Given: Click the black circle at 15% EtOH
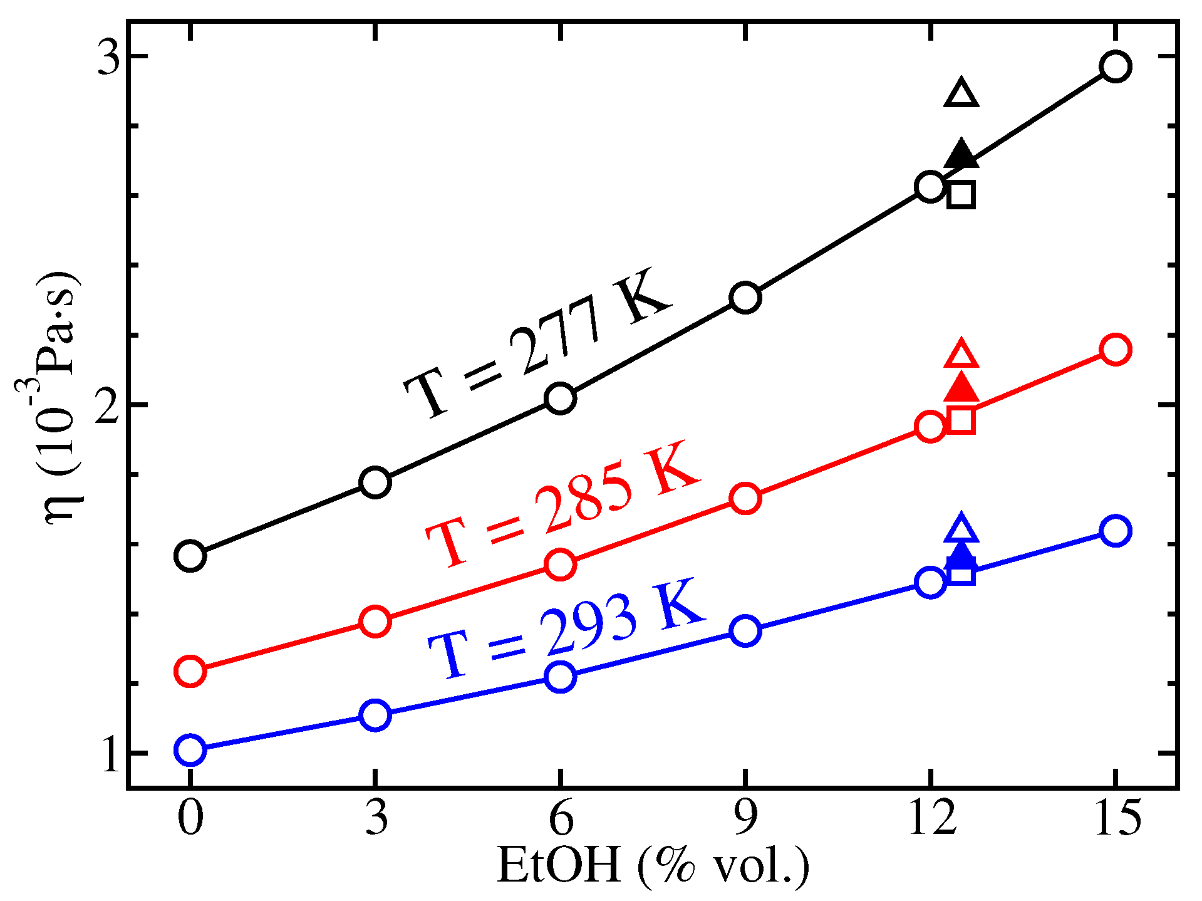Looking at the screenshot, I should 1116,66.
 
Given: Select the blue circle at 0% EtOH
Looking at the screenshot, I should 190,749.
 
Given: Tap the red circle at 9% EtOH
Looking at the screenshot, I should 745,498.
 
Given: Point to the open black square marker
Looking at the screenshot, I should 961,195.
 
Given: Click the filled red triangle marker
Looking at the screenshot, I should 961,389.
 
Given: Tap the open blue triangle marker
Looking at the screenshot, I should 961,530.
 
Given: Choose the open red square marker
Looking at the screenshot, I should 961,420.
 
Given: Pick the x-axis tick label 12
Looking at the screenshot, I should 931,818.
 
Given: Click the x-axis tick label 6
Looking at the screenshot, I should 561,818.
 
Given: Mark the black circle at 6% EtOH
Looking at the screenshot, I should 561,398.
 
